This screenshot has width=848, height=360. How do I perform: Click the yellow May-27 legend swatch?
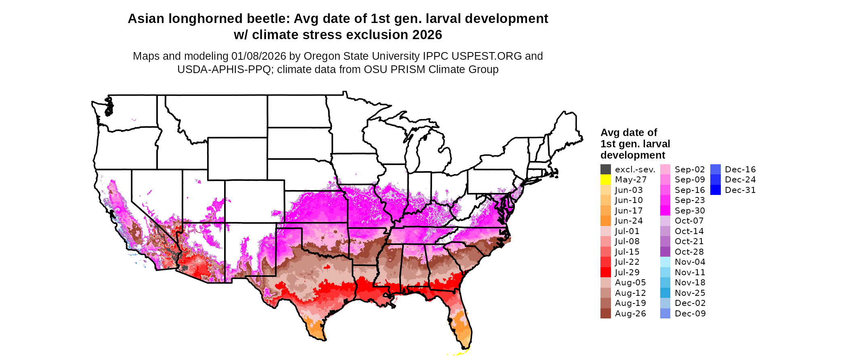[605, 180]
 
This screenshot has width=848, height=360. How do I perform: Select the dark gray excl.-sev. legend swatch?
[605, 170]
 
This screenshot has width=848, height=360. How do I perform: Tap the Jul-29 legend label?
[627, 272]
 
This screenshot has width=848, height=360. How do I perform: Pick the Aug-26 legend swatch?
[605, 314]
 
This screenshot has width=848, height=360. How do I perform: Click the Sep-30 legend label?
[690, 211]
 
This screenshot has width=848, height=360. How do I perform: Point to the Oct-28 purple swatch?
[665, 252]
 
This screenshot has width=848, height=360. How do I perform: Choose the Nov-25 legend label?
[690, 293]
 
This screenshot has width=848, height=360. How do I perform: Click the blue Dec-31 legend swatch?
[715, 190]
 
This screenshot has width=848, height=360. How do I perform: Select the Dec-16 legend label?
[740, 170]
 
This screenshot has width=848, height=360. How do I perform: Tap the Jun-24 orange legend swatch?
[605, 221]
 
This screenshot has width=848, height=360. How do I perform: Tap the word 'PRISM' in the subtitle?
[407, 69]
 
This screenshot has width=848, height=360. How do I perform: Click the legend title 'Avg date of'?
[628, 133]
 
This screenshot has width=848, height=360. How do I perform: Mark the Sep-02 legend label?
[690, 170]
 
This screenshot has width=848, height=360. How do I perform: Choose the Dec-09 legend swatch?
[665, 314]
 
